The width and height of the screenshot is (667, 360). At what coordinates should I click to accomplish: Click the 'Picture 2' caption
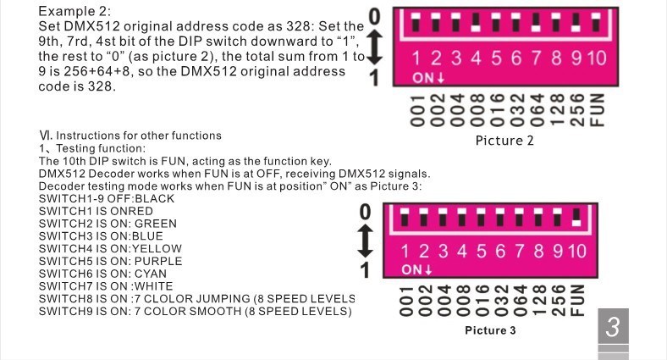point(504,141)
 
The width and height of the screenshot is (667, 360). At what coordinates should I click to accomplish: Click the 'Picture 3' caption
point(490,330)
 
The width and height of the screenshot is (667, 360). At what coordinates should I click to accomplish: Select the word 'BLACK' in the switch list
point(155,199)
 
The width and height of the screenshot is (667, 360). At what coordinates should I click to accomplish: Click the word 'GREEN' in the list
point(156,224)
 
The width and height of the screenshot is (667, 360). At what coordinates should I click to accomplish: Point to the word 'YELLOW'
point(158,248)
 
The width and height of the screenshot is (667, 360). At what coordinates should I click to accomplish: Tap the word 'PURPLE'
point(158,261)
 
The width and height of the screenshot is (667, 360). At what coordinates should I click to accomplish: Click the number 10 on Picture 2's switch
point(596,58)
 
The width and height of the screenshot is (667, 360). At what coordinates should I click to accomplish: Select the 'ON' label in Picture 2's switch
point(423,78)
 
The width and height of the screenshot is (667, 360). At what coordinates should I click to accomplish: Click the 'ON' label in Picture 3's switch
point(412,270)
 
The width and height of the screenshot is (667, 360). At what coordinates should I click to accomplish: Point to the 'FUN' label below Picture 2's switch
point(598,109)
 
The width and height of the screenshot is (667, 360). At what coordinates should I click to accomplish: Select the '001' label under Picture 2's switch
point(416,109)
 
